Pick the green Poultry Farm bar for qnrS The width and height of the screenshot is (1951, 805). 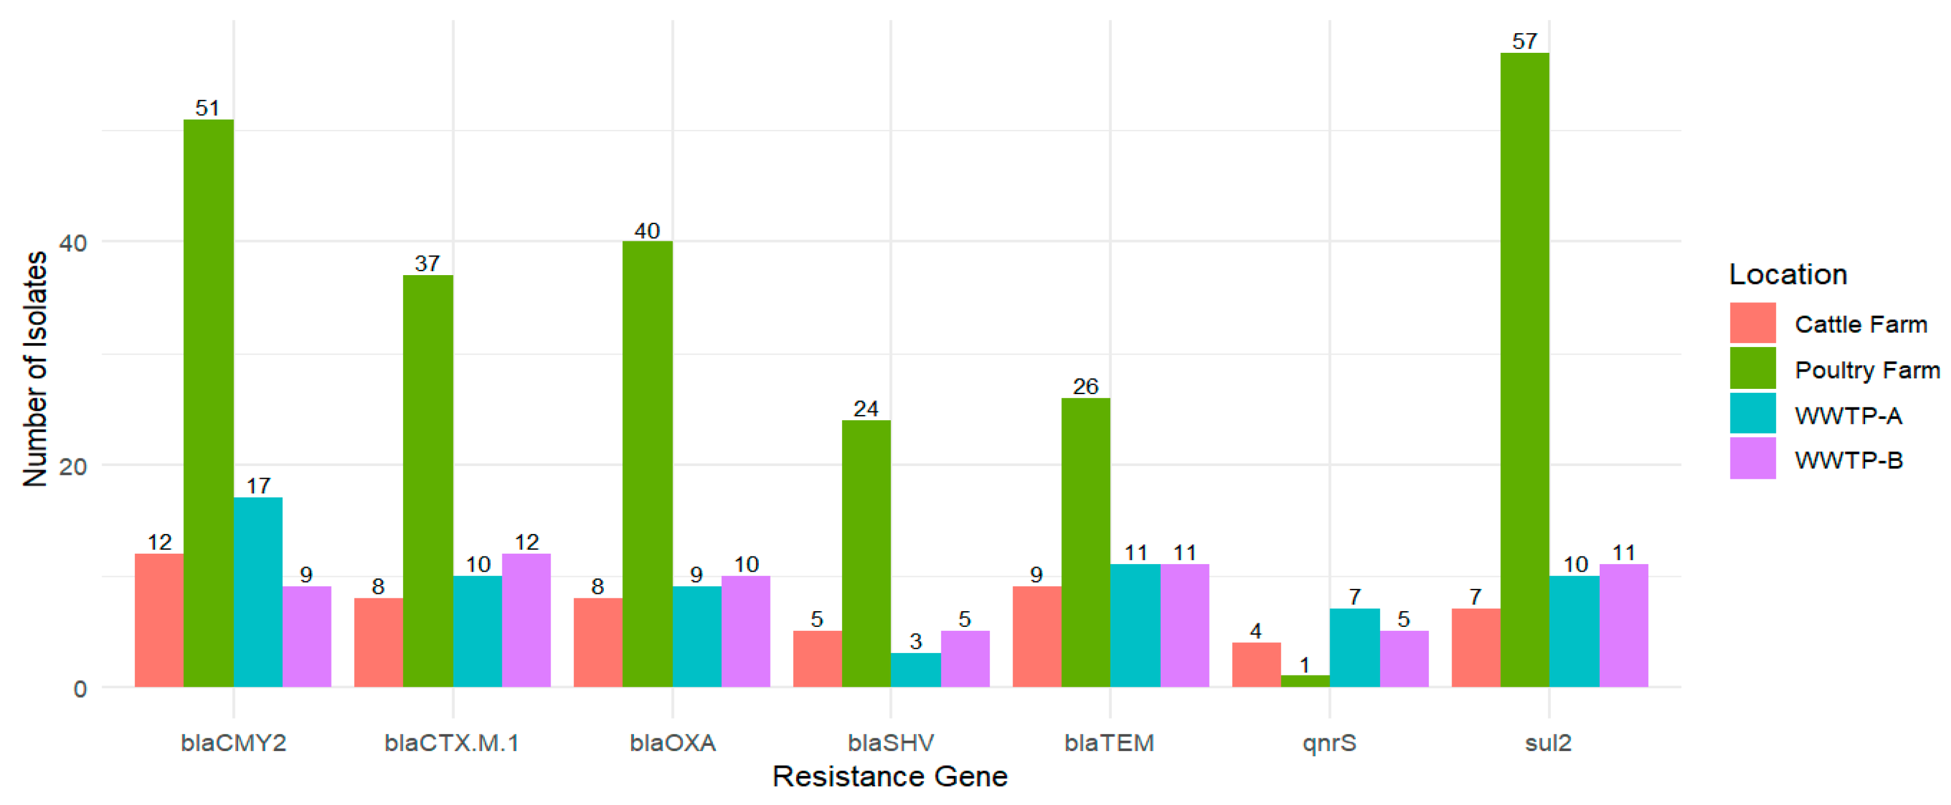click(1304, 681)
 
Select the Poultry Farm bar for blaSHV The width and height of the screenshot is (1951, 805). click(866, 554)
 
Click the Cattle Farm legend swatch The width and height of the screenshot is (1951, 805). click(1752, 323)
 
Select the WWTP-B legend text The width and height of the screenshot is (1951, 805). click(1848, 460)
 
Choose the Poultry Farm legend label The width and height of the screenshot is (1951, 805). click(1866, 370)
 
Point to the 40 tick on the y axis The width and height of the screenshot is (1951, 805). click(74, 243)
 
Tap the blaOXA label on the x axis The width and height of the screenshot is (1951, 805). click(672, 742)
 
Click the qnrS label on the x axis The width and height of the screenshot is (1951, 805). click(1329, 742)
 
